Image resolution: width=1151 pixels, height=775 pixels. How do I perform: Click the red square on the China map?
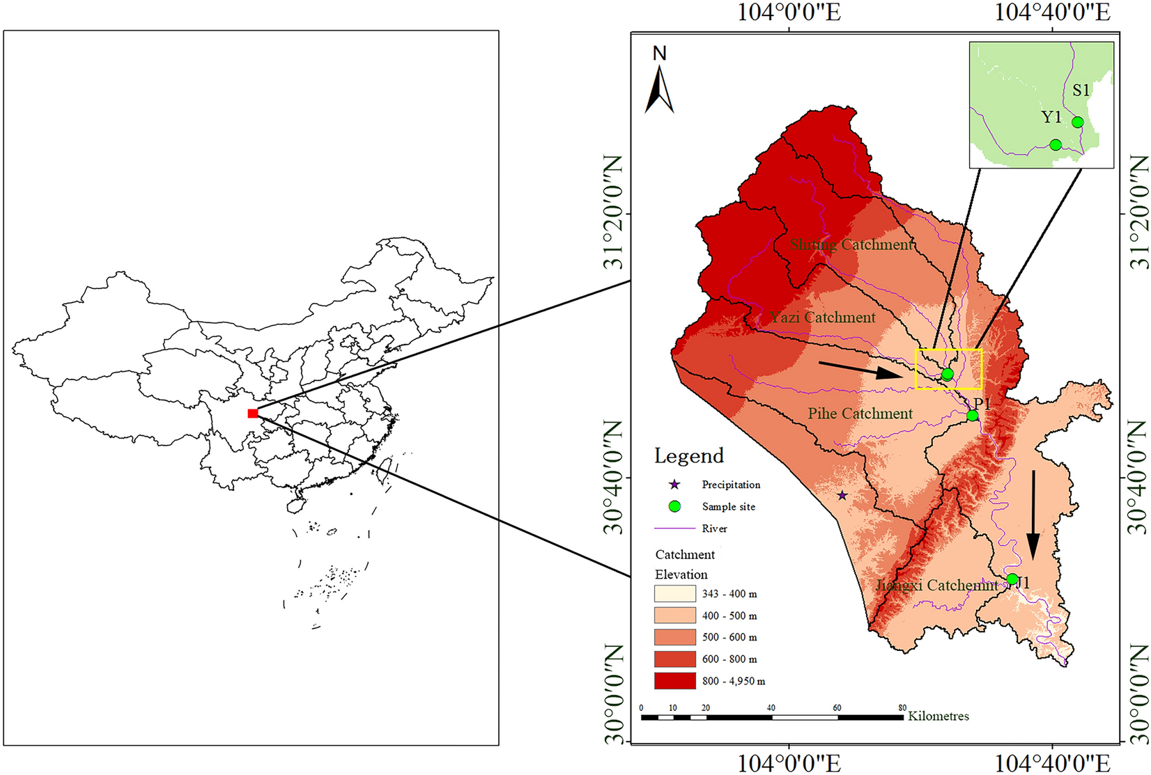pos(253,414)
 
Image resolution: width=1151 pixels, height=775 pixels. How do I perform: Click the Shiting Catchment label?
pos(851,244)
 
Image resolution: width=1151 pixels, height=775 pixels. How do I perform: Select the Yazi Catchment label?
pos(822,318)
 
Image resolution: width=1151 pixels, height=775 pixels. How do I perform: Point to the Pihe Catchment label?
pos(860,414)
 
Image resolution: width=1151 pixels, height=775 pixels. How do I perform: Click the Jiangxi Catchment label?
pos(936,585)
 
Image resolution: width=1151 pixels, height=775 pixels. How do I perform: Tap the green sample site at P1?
pos(973,416)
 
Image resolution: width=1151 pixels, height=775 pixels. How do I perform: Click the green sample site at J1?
pos(1012,579)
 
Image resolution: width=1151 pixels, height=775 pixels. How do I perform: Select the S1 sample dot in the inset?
pos(1078,123)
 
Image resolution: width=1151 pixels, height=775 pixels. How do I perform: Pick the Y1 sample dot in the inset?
pos(1056,145)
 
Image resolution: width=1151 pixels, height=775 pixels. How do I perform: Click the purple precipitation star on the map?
pos(842,495)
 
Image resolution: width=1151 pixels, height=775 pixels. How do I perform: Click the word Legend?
pos(689,456)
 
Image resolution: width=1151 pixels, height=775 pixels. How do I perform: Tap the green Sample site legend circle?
pos(674,506)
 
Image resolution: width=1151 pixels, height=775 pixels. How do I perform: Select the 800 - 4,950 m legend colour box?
pos(674,680)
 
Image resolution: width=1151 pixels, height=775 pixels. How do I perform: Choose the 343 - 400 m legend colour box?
pos(674,593)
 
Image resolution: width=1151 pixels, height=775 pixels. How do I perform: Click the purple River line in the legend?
pos(674,529)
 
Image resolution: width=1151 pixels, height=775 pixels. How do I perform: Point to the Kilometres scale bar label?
pos(938,716)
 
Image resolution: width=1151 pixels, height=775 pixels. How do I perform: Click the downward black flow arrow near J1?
pos(1033,515)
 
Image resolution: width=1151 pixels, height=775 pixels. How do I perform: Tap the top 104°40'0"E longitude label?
pos(1051,12)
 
